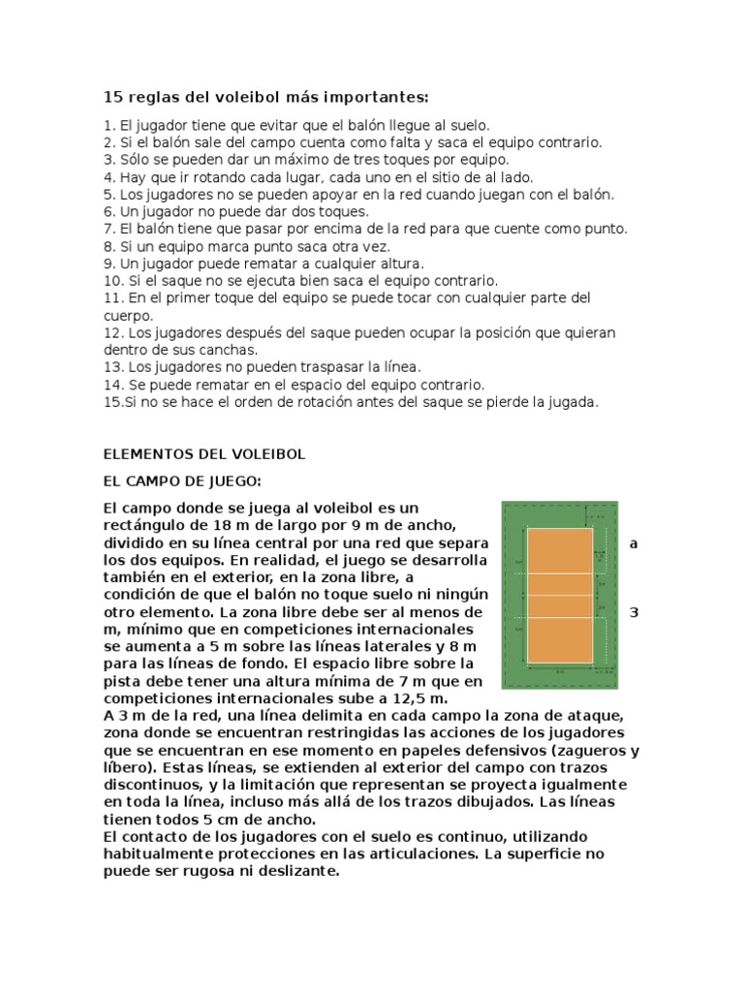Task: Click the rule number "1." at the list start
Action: (x=108, y=125)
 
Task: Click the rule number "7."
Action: (x=108, y=229)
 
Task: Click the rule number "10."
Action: (x=112, y=280)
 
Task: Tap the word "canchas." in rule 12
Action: (x=231, y=349)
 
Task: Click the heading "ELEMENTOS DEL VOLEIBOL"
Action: (x=203, y=453)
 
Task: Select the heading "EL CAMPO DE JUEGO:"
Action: (x=182, y=480)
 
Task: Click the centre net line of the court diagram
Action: (x=559, y=590)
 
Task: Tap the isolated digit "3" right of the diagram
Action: (x=635, y=612)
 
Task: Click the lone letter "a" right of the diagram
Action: (x=635, y=543)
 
